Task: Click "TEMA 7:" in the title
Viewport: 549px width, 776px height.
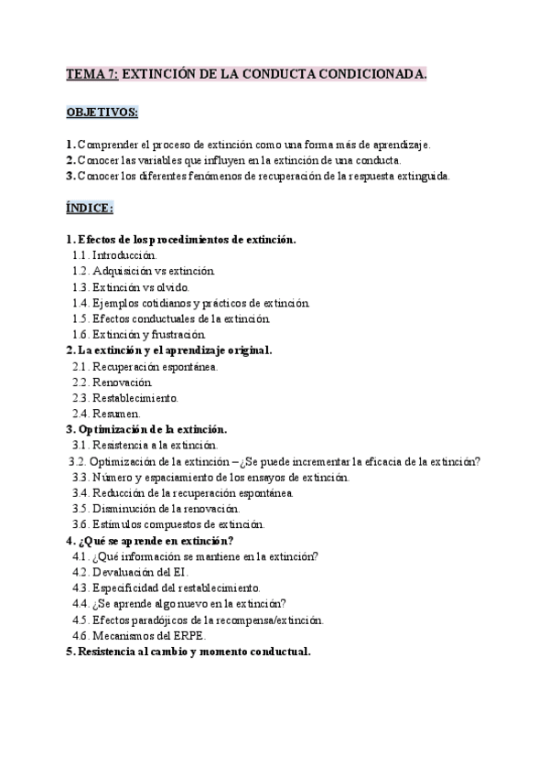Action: [92, 75]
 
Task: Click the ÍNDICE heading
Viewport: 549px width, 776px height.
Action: [90, 208]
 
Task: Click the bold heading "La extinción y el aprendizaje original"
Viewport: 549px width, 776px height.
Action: [175, 350]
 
